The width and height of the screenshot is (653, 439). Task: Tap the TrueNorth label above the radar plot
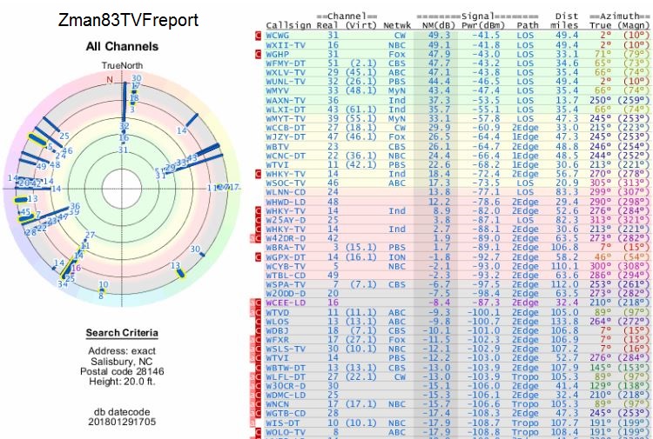click(x=121, y=66)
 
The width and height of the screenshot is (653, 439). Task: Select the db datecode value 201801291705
click(x=121, y=422)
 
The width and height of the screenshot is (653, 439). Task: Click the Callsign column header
click(x=290, y=26)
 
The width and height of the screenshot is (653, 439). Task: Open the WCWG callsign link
click(x=280, y=36)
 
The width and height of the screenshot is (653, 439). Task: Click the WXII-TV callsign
click(x=286, y=44)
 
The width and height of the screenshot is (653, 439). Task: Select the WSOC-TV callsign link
click(x=286, y=183)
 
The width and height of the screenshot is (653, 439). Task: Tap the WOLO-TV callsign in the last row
click(x=286, y=431)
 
